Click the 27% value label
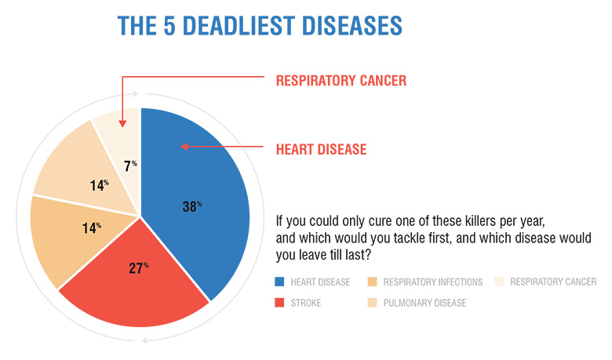[x=140, y=267]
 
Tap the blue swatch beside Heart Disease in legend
[x=279, y=282]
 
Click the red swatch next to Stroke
[x=279, y=303]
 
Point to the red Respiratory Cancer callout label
[x=341, y=81]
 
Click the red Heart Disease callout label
[x=320, y=149]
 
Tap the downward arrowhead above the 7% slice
[x=122, y=121]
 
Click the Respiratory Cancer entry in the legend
[x=554, y=282]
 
